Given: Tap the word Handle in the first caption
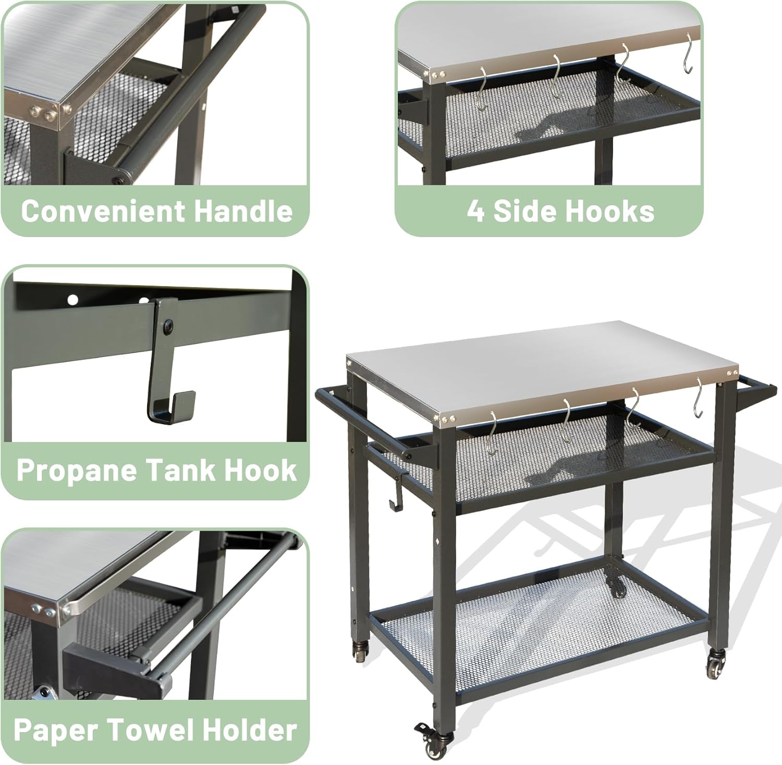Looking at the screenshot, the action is tap(243, 211).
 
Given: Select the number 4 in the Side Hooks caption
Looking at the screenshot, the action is tap(475, 211).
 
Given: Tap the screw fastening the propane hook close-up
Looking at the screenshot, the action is tap(168, 327).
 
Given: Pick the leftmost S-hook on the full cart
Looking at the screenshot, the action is tap(492, 432).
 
